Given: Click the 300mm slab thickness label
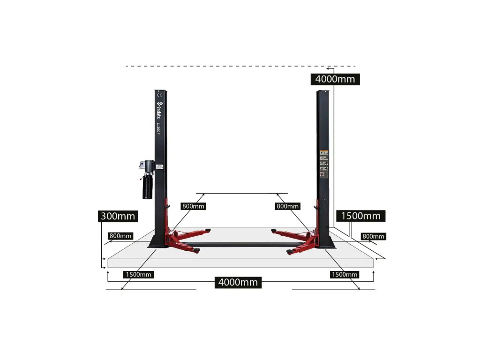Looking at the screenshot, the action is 118,216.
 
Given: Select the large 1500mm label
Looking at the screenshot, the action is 360,216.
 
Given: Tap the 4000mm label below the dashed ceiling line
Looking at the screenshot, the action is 335,79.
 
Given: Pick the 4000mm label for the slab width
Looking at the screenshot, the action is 238,282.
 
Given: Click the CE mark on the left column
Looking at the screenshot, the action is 158,95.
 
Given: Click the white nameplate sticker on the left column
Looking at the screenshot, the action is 159,166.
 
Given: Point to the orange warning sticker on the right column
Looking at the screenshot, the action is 323,152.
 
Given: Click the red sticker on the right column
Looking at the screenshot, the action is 322,174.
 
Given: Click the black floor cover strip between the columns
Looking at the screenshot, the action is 239,244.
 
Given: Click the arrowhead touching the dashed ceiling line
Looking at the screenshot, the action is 329,68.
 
